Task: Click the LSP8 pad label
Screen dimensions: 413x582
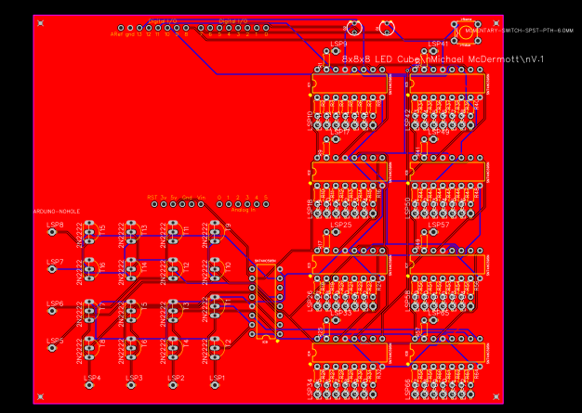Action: click(x=55, y=225)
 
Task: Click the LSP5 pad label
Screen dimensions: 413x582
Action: click(x=55, y=341)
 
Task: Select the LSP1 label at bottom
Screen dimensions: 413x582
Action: click(x=217, y=378)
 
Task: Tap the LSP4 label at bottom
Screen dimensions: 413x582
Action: click(x=93, y=378)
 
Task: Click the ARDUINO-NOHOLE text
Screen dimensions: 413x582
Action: click(x=56, y=212)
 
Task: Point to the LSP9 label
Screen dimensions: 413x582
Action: click(x=339, y=44)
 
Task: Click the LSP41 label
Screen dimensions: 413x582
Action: click(x=438, y=43)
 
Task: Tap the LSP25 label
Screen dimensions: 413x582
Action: click(x=341, y=225)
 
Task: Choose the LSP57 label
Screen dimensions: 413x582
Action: click(x=439, y=225)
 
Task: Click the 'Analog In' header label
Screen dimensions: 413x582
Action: click(x=241, y=210)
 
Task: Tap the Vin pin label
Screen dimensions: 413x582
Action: click(x=200, y=197)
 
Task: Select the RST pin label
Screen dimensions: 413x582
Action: click(x=152, y=197)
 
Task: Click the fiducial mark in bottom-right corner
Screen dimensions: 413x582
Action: click(x=497, y=397)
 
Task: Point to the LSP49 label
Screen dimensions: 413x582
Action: click(x=439, y=133)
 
